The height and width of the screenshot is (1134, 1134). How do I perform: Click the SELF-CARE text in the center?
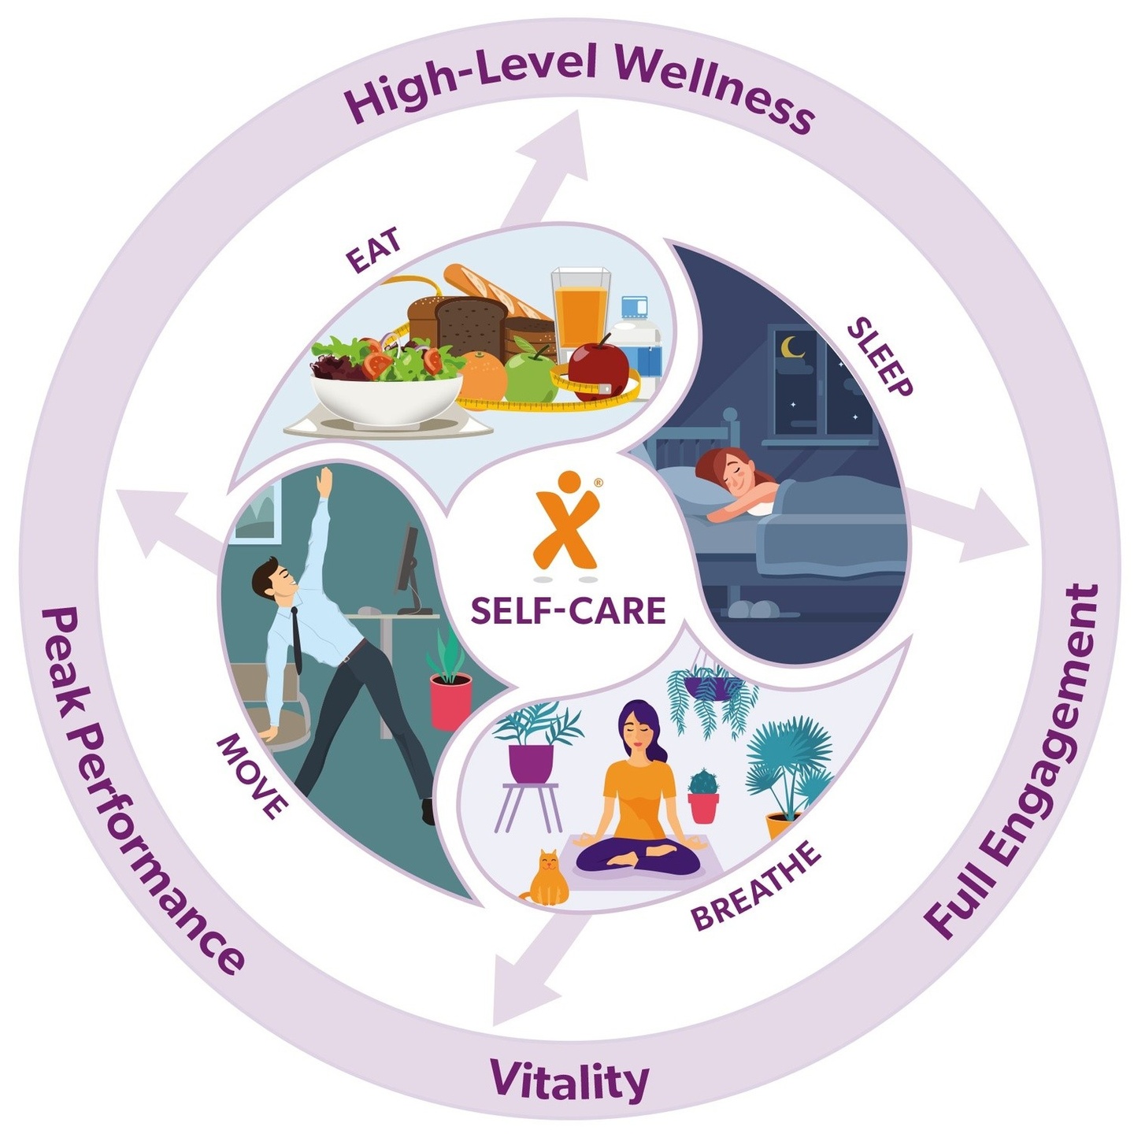[x=568, y=610]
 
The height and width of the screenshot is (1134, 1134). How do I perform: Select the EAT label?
[x=374, y=250]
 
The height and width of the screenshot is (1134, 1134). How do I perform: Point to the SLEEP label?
[x=880, y=356]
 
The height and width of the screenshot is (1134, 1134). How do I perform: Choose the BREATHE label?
[x=755, y=885]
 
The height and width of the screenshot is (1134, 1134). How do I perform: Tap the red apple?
[x=598, y=367]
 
